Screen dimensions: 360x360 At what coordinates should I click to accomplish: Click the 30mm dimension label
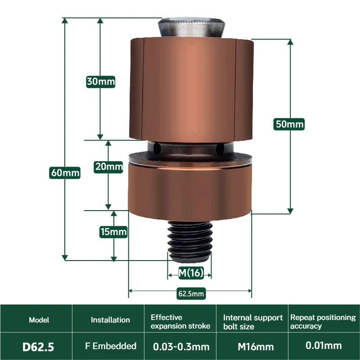coord(100,82)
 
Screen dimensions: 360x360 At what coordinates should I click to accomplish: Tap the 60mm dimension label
coord(65,173)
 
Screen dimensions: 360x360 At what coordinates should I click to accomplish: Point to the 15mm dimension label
coord(113,232)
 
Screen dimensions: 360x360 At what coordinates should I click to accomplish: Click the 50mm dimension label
coord(289,124)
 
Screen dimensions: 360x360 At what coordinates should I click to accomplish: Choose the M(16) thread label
coord(191,273)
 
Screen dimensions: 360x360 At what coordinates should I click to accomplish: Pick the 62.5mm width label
coord(191,294)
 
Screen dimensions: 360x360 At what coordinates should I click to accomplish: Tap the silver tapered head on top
coord(192,27)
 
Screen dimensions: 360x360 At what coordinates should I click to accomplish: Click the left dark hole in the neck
coord(157,148)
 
